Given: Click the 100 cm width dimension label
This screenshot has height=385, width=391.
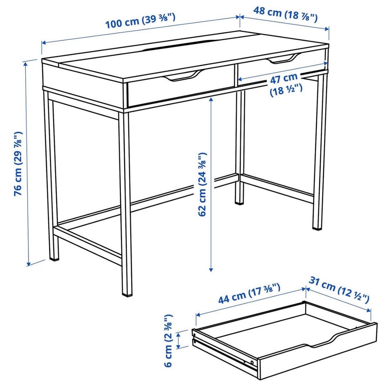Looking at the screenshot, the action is tap(141, 21).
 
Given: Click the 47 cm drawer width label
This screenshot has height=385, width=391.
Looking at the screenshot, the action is tap(286, 84).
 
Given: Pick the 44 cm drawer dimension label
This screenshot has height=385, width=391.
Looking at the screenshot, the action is tap(249, 294).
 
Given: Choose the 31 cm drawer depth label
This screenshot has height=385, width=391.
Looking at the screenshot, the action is tap(339, 290).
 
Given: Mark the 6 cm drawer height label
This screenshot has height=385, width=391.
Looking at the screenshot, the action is tap(169, 341).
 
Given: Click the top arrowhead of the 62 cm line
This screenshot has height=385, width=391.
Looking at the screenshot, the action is tap(211, 100).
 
